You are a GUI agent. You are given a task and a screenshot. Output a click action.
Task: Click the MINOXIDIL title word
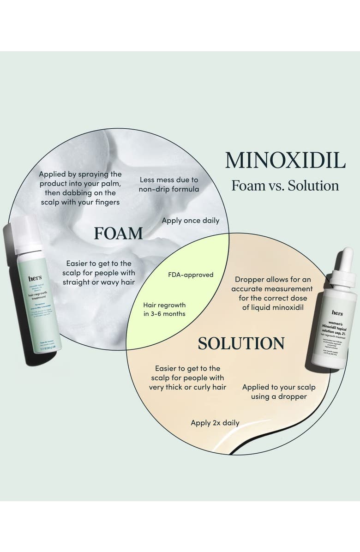click(x=285, y=160)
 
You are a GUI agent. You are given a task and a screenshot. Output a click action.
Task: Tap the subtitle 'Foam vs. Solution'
click(x=285, y=186)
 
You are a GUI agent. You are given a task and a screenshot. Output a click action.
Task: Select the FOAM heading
click(x=118, y=234)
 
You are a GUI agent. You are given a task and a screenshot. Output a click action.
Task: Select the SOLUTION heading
click(x=241, y=343)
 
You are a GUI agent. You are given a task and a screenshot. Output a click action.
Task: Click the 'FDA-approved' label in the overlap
click(x=191, y=275)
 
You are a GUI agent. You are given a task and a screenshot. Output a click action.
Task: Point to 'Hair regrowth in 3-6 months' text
click(x=164, y=310)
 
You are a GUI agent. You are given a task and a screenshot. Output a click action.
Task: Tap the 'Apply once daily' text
click(x=190, y=221)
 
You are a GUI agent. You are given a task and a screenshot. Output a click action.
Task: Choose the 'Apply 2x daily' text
click(x=215, y=422)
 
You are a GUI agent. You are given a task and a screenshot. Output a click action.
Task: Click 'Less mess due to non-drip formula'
click(x=169, y=184)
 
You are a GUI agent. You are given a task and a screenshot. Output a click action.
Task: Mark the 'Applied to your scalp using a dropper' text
click(x=279, y=392)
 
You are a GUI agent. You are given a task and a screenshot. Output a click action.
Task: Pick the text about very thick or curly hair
click(x=187, y=378)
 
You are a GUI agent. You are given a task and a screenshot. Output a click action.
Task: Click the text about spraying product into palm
click(x=80, y=188)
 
